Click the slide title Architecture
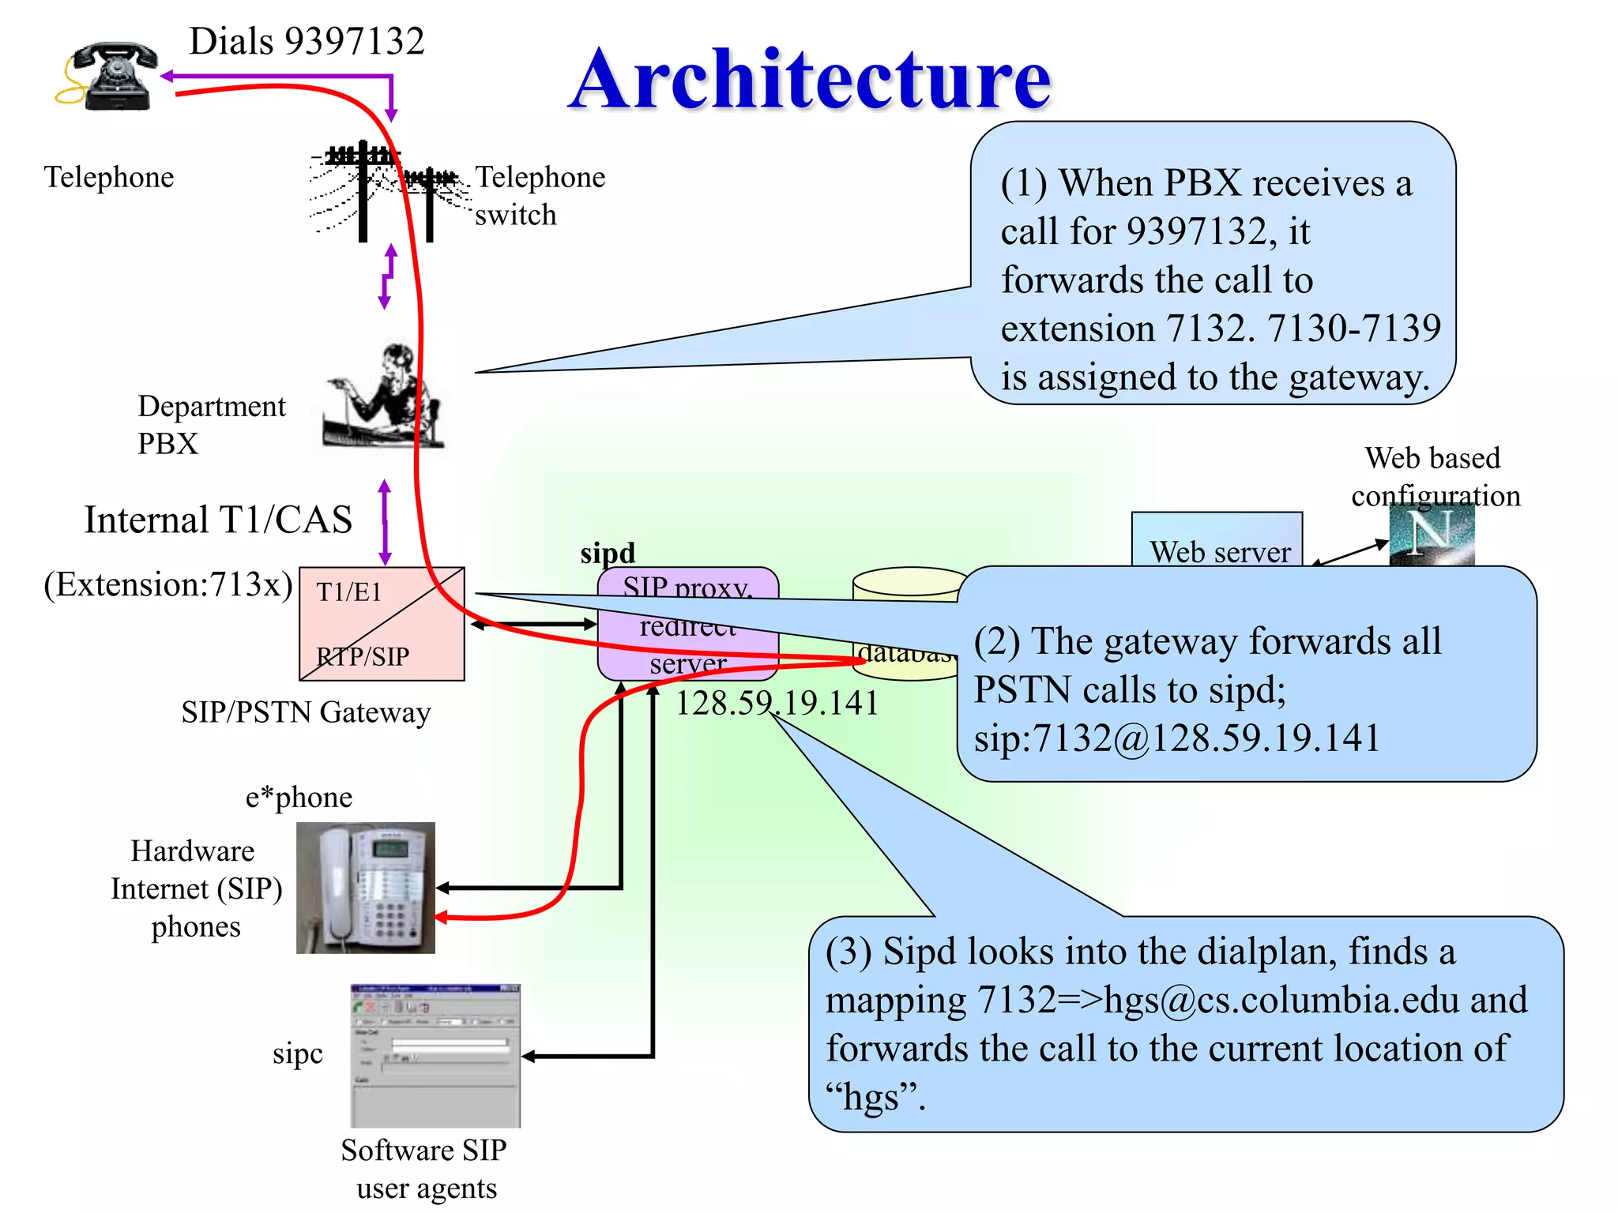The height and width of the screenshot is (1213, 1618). pos(810,79)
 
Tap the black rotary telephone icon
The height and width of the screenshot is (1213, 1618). pos(111,77)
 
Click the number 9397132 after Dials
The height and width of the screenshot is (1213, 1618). pos(354,41)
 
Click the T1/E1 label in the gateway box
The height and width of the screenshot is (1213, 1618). pos(349,591)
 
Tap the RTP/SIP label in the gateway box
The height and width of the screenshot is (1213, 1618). pos(363,656)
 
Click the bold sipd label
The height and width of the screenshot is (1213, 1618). pos(608,553)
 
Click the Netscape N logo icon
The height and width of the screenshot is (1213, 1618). pos(1432,534)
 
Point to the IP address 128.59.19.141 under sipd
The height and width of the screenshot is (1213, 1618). pos(777,703)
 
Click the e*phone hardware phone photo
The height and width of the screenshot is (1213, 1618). pos(366,888)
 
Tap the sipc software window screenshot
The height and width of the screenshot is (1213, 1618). pos(435,1056)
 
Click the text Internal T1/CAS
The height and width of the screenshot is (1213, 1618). pos(218,520)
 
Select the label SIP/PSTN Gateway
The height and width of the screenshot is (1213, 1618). pos(306,712)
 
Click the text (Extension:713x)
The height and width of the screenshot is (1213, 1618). pos(168,585)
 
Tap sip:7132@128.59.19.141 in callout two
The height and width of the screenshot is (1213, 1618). pos(1176,738)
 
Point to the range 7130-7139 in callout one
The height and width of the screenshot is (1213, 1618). pos(1354,329)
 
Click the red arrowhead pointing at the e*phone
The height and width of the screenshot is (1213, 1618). pos(442,918)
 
